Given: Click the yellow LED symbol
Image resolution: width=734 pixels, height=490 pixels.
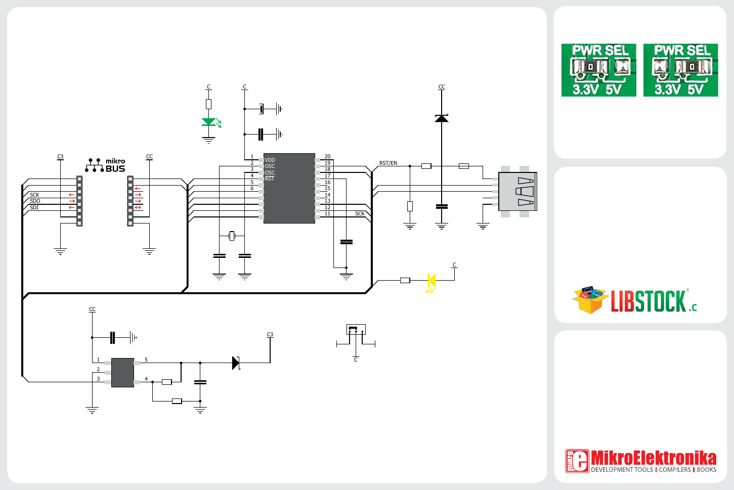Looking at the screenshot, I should [x=431, y=280].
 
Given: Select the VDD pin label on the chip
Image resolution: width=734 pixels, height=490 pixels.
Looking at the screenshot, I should [x=270, y=160].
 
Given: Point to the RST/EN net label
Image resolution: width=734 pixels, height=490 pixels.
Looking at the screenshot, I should [x=388, y=163].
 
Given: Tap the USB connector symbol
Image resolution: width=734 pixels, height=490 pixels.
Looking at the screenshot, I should [x=517, y=192].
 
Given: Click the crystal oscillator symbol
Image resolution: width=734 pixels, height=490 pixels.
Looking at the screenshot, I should [x=232, y=236].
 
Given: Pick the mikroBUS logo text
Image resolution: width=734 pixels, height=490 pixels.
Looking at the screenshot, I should [x=115, y=165].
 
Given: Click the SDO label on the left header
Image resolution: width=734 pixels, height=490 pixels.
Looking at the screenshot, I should [x=35, y=201].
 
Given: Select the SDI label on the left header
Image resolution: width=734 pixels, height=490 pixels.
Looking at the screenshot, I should [x=34, y=207].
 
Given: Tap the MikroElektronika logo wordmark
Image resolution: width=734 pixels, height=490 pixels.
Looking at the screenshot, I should [x=653, y=458].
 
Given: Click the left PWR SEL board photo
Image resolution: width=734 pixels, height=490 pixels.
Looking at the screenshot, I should [x=598, y=70].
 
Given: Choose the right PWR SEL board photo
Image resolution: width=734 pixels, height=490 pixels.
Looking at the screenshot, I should [x=680, y=70].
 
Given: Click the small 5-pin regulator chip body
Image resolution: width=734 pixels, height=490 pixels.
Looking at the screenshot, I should [x=122, y=373].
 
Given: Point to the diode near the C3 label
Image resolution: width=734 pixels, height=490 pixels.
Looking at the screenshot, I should [x=235, y=363].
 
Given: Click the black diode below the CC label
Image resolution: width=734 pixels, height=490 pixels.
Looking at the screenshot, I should [x=442, y=118].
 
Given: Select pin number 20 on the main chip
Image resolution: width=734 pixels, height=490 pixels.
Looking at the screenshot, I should [x=327, y=157].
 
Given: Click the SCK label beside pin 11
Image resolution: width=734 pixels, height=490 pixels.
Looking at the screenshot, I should [x=360, y=213].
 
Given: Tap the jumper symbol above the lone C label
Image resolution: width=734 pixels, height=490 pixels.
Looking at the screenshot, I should [x=356, y=330].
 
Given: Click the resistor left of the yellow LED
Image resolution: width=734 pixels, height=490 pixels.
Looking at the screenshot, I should [x=405, y=280].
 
